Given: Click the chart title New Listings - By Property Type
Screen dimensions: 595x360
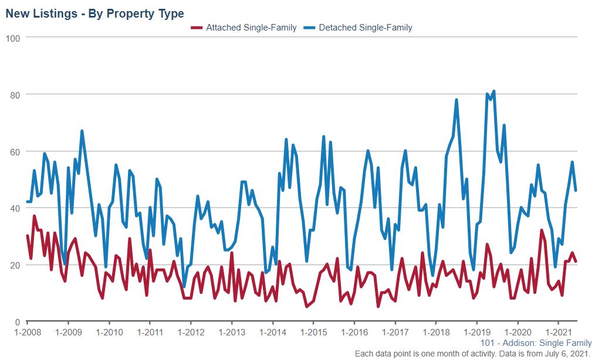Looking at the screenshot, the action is (x=94, y=13).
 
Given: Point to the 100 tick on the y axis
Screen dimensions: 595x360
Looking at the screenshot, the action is (x=13, y=38).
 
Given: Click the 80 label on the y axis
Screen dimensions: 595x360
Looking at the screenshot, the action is (x=15, y=95).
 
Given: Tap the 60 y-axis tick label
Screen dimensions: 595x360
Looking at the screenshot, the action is (x=15, y=152).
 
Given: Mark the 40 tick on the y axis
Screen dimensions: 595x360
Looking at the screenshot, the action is (x=15, y=209).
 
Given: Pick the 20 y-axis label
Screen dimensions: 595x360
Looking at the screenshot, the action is (x=15, y=266).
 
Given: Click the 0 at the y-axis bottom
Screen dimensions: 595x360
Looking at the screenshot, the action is (x=18, y=322).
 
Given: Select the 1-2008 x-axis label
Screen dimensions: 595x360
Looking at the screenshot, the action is (x=28, y=332).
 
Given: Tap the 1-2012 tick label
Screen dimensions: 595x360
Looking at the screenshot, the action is (x=191, y=332).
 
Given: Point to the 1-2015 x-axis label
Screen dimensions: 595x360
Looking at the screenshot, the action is (x=313, y=332).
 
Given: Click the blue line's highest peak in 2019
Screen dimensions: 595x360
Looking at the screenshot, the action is (x=493, y=91).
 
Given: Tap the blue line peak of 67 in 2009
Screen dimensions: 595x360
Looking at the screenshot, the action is (x=82, y=131).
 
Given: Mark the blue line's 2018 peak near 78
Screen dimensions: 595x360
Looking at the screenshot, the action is (x=457, y=100).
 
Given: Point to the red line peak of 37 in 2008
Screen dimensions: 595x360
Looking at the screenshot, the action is (x=35, y=216).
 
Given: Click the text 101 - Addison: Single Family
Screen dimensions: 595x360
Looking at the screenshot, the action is (x=536, y=343).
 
